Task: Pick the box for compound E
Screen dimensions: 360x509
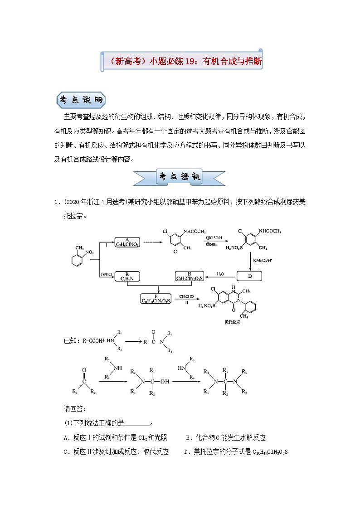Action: pos(190,276)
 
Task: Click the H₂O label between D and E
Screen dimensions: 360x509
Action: pos(220,273)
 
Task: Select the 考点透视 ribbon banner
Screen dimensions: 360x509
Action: pos(180,176)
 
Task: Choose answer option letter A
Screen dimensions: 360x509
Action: pos(67,437)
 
